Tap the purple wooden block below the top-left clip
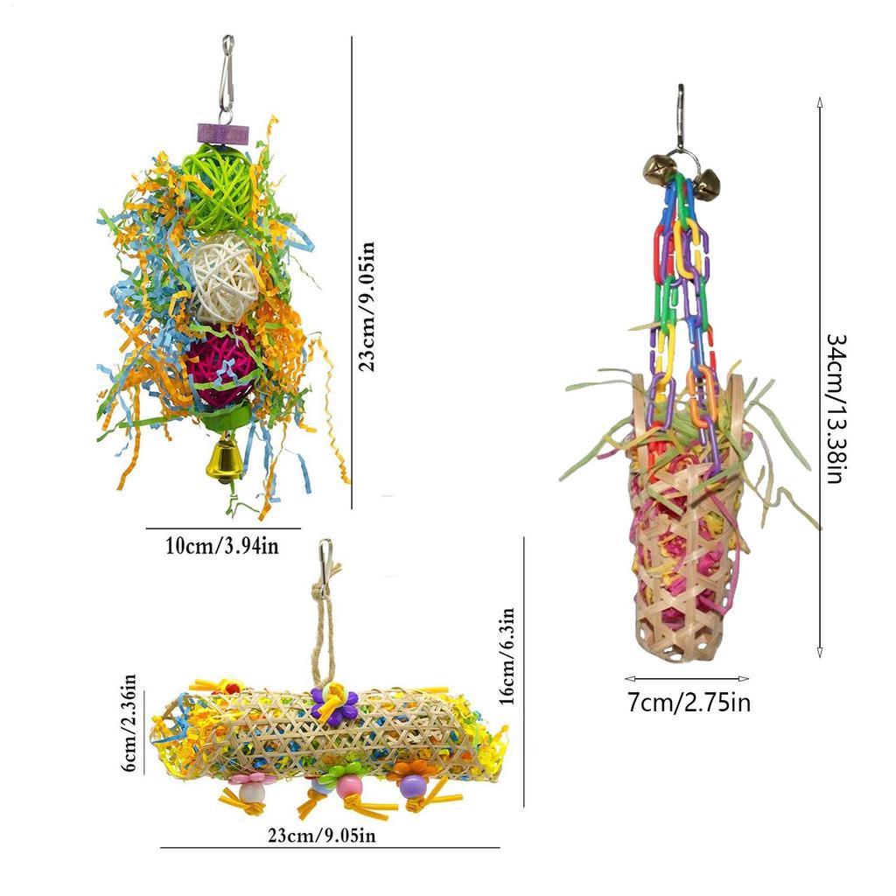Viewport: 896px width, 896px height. tap(224, 134)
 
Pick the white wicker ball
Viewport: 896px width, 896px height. tap(223, 278)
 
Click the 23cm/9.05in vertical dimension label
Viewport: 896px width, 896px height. tap(367, 307)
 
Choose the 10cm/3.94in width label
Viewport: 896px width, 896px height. tap(222, 546)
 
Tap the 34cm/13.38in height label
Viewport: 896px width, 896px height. tap(836, 409)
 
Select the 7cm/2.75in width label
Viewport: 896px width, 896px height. tap(689, 703)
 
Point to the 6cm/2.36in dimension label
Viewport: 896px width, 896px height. tap(129, 723)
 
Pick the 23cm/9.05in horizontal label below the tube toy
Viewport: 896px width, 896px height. tap(322, 836)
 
